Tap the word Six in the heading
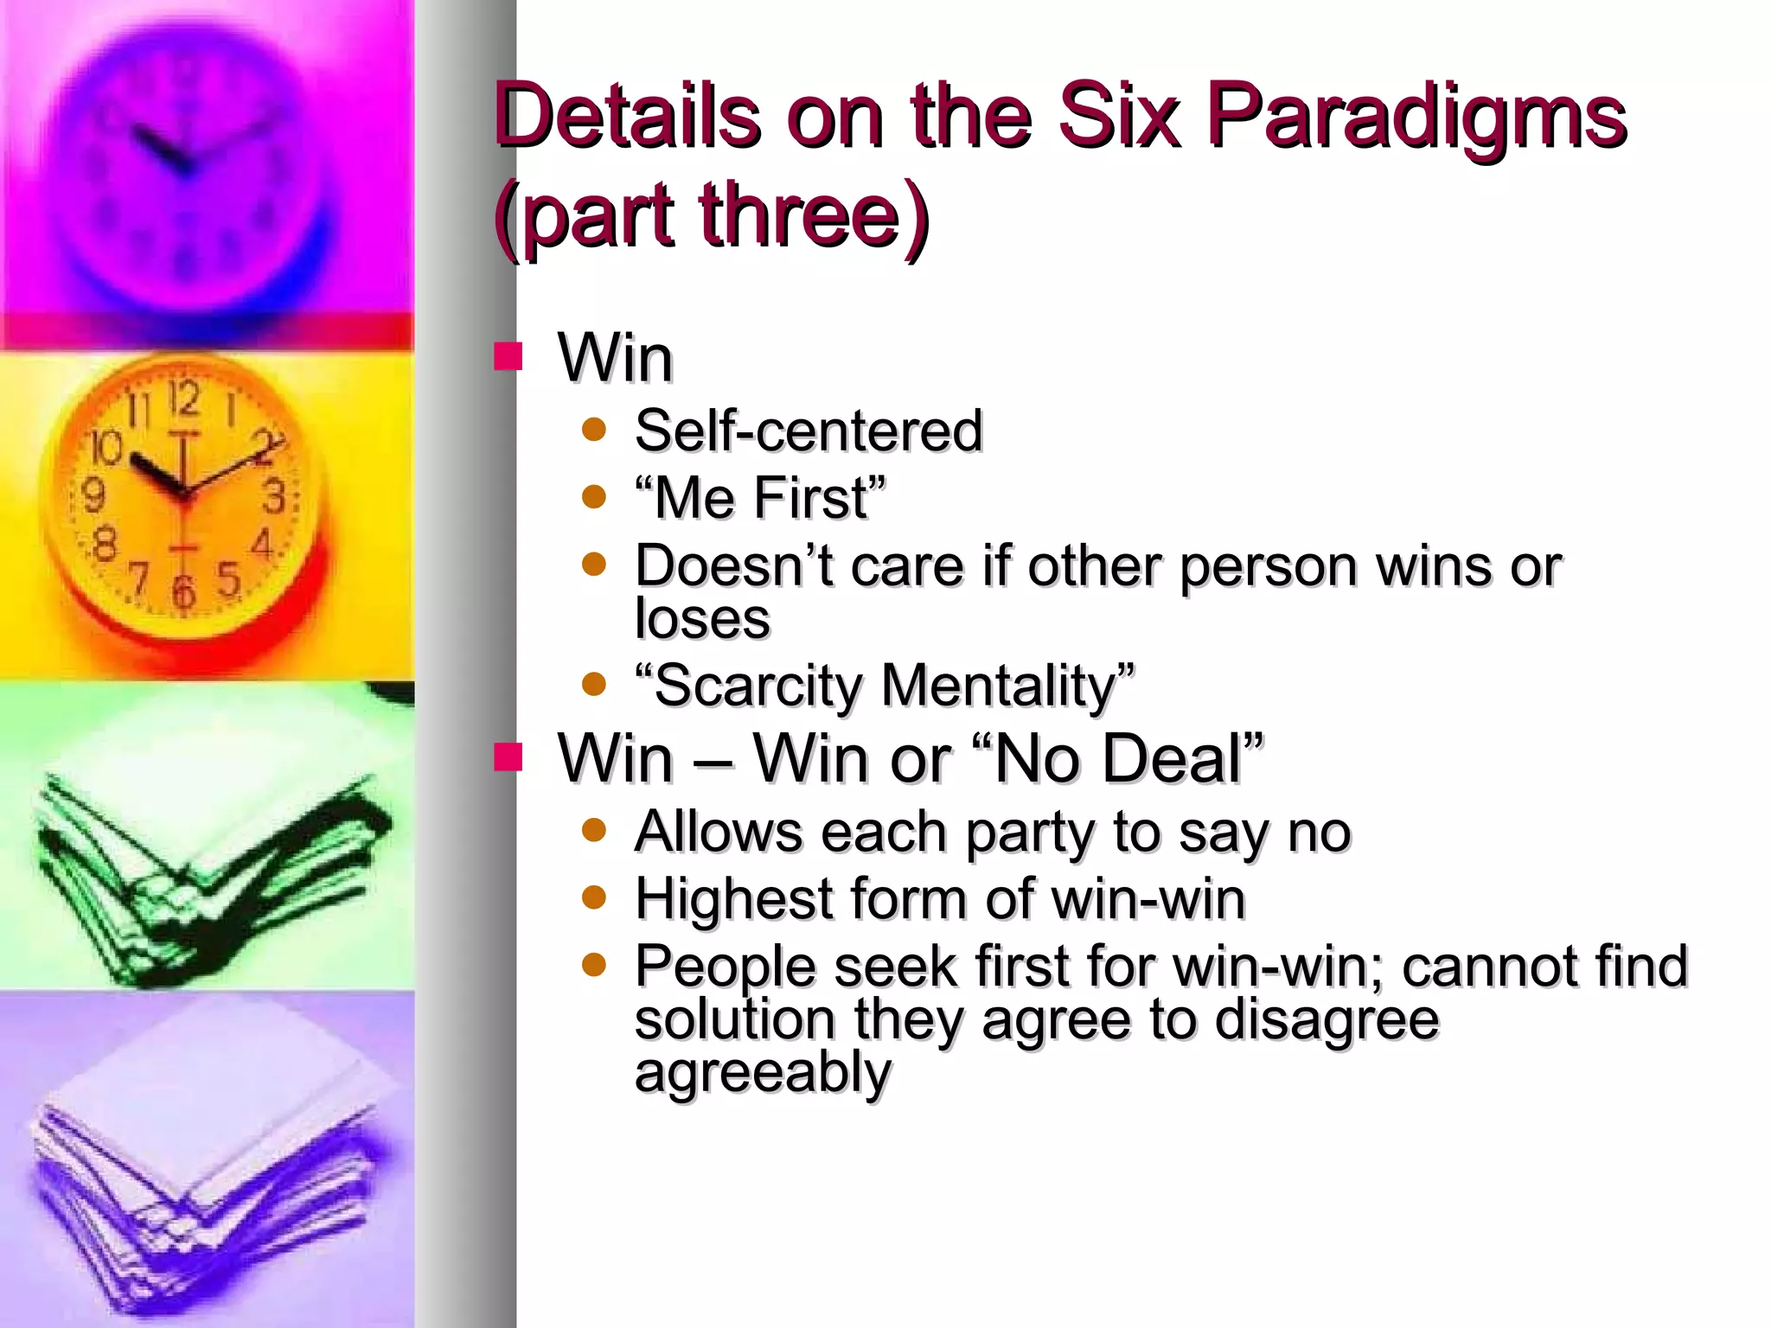click(x=1119, y=115)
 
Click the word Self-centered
click(x=809, y=431)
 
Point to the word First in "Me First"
click(x=809, y=498)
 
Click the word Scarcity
click(x=758, y=686)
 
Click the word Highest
click(x=732, y=898)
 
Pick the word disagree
click(x=1327, y=1020)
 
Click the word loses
click(x=701, y=619)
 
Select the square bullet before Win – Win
click(x=508, y=757)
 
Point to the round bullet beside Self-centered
click(x=594, y=430)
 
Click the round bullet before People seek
click(x=594, y=964)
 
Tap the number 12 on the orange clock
click(x=184, y=399)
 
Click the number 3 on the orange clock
click(x=274, y=498)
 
